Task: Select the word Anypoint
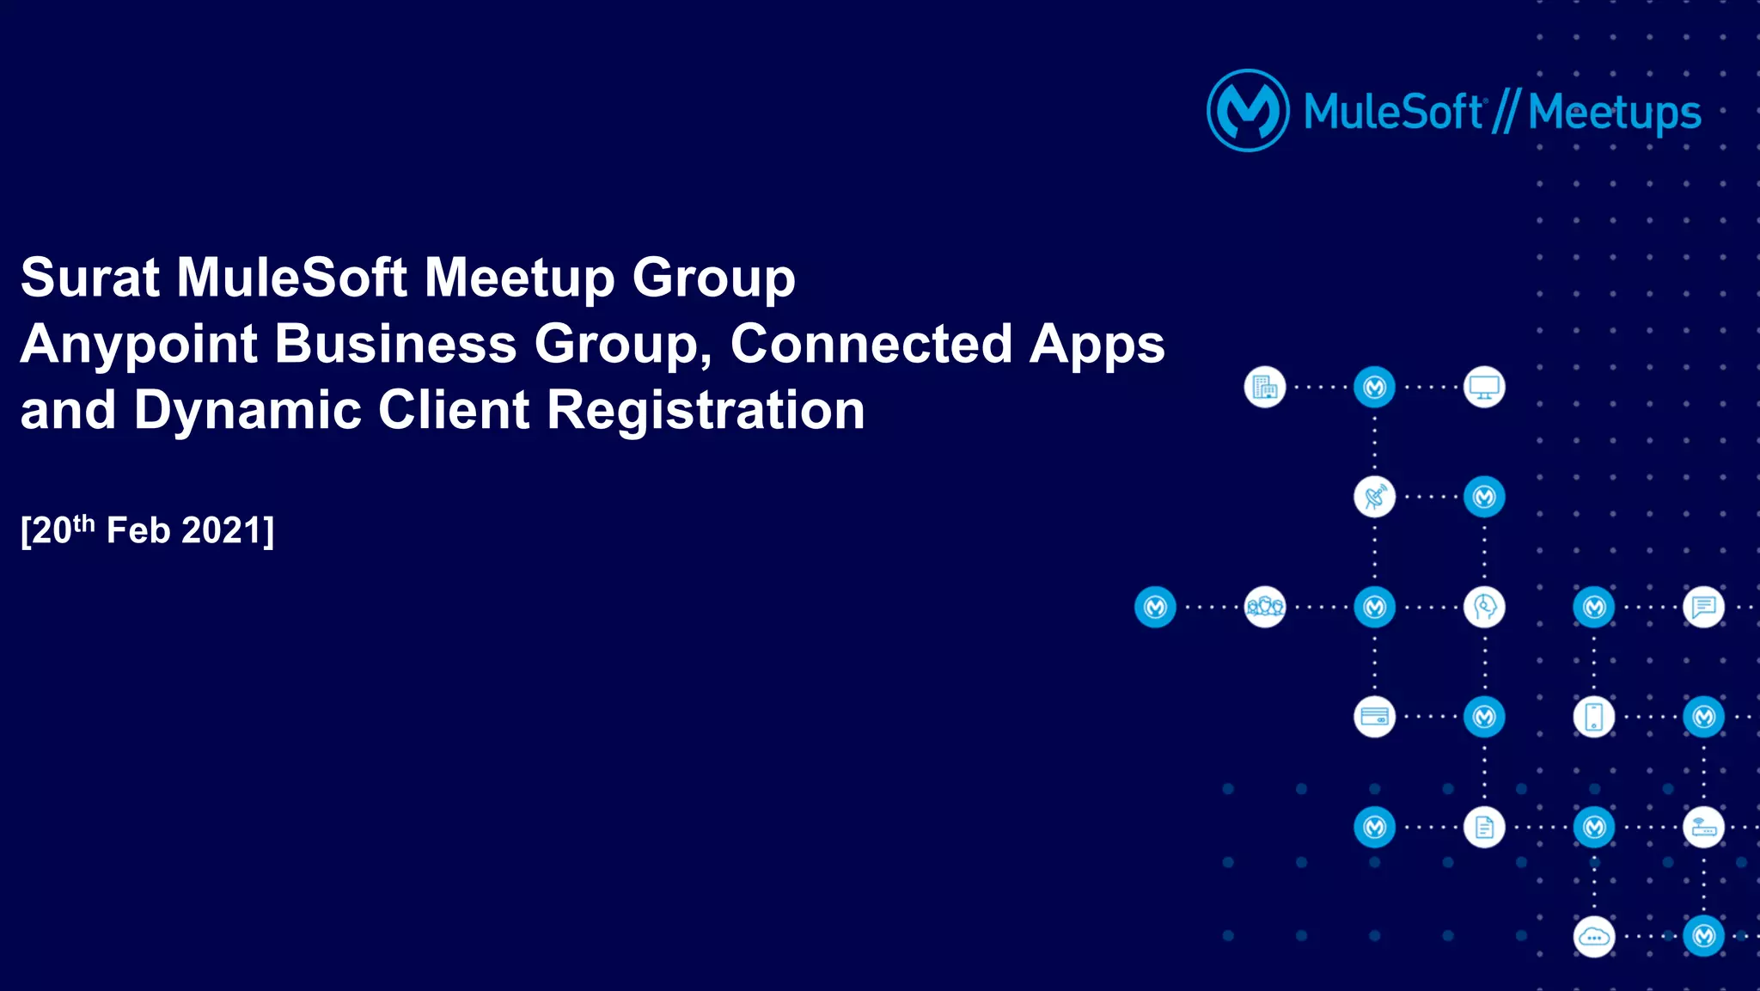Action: point(138,344)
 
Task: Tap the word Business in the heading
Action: point(395,344)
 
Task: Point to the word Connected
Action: point(871,344)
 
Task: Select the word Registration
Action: point(706,410)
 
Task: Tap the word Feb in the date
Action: point(138,530)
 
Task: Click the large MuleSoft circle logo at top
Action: point(1248,111)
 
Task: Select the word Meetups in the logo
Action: point(1615,113)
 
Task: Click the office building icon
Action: point(1265,388)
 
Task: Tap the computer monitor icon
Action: point(1484,388)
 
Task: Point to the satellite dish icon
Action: point(1374,498)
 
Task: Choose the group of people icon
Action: point(1265,608)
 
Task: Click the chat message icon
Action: point(1703,608)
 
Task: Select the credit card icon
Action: point(1374,717)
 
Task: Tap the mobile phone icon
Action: point(1594,717)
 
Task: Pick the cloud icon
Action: point(1594,937)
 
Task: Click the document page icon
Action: point(1484,827)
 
